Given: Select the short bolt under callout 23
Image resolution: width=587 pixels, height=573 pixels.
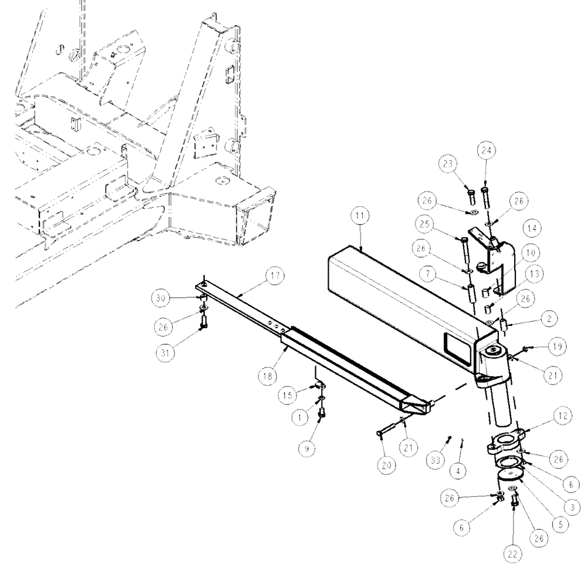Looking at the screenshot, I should (x=470, y=193).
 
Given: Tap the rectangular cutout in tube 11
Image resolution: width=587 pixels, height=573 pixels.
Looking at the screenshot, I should (x=457, y=342).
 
